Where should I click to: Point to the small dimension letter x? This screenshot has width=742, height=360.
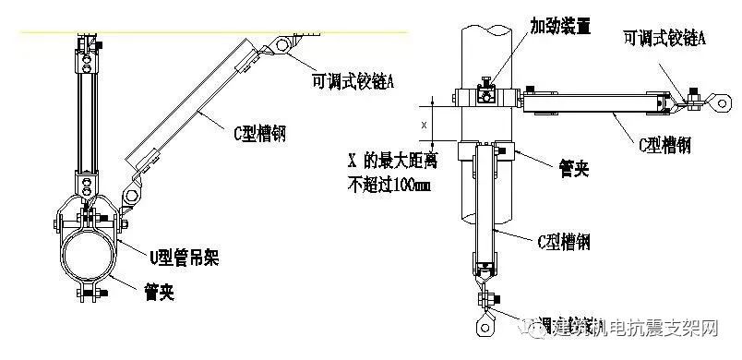pos(425,123)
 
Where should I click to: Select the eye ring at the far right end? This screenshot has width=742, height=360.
pos(718,102)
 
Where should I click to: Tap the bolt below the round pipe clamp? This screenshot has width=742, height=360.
pos(89,294)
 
